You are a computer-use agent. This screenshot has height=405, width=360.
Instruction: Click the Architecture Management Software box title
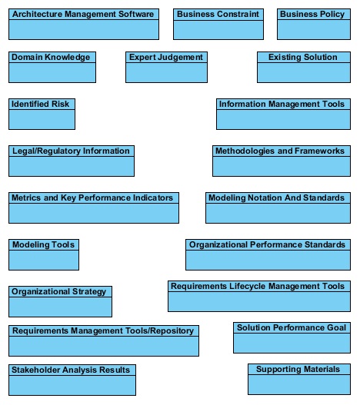click(x=83, y=14)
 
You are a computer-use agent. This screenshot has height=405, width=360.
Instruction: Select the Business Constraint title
click(x=218, y=14)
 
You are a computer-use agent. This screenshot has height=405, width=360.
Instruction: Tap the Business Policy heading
click(x=312, y=14)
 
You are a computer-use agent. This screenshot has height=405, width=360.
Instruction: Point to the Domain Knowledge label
click(x=51, y=58)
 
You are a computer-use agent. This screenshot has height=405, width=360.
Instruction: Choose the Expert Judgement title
click(x=166, y=58)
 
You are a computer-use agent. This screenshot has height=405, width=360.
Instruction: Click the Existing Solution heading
click(x=303, y=58)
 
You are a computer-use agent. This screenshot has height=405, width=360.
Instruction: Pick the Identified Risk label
click(x=40, y=104)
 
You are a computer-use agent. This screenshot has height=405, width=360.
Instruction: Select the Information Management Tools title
click(x=282, y=104)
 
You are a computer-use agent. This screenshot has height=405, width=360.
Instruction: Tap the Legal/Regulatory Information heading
click(x=71, y=151)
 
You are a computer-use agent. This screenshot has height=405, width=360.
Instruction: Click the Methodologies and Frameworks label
click(x=280, y=151)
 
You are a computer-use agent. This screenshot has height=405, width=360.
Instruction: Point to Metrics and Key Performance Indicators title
click(x=92, y=198)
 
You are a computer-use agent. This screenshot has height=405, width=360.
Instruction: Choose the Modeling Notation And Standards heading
click(x=277, y=198)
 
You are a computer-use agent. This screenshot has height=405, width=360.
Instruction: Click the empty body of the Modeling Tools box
click(x=44, y=260)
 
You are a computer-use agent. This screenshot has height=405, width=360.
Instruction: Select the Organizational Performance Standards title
click(x=268, y=245)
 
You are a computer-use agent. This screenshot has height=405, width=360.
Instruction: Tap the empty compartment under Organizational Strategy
click(x=61, y=307)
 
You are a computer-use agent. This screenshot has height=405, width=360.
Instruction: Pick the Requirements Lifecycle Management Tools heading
click(x=258, y=287)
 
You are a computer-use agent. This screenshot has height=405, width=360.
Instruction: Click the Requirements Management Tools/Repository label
click(x=103, y=331)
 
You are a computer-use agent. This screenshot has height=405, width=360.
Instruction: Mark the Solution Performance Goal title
click(x=292, y=328)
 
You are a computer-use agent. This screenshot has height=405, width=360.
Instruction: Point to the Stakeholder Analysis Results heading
click(x=71, y=370)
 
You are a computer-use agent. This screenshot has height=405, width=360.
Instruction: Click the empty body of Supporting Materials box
click(x=299, y=384)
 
